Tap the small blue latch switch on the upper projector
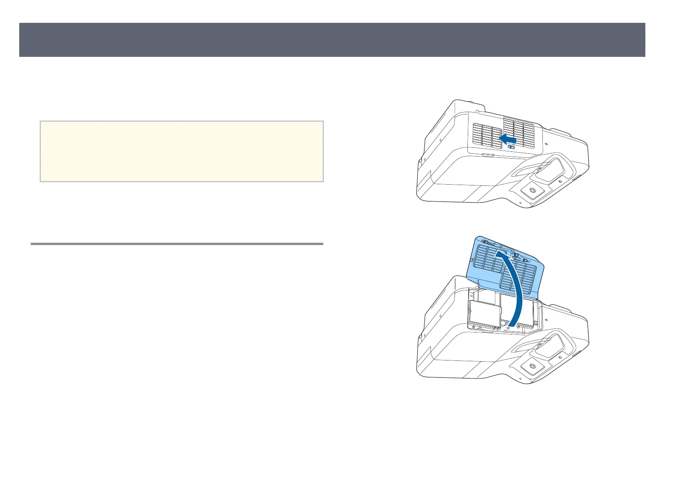click(x=512, y=147)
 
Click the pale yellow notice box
click(x=182, y=151)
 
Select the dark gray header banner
click(x=332, y=40)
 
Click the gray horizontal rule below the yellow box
click(x=177, y=244)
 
